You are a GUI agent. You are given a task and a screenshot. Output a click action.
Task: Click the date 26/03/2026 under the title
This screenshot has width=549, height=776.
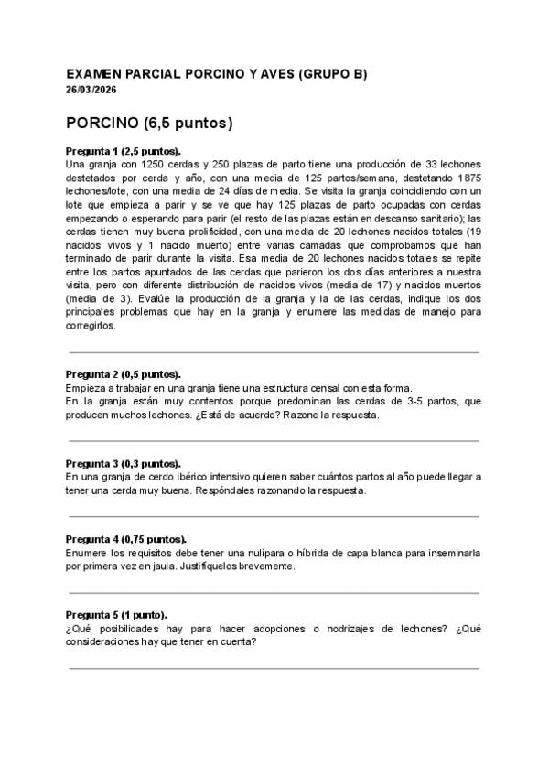point(91,90)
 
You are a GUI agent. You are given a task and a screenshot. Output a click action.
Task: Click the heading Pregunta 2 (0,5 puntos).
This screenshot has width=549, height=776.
point(124,374)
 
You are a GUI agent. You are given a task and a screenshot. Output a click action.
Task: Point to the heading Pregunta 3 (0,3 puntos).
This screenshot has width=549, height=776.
point(124,464)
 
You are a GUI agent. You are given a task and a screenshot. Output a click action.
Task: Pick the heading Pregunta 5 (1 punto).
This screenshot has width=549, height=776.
point(116,615)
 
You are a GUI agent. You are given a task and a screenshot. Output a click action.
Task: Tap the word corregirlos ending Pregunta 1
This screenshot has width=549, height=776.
point(91,325)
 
